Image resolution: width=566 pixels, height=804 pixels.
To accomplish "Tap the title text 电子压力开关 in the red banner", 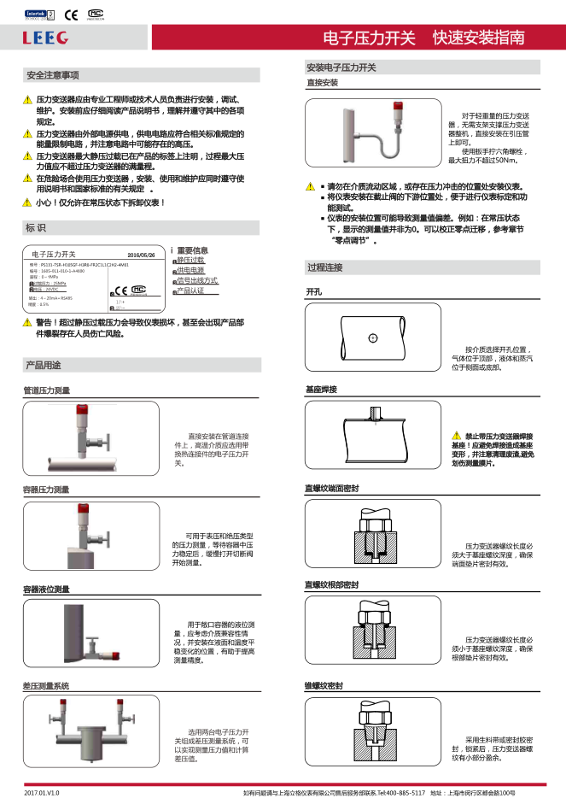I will (369, 38).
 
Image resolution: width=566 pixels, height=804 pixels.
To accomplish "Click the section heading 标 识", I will (36, 228).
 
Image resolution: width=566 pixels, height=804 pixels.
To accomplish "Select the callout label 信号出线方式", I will (197, 280).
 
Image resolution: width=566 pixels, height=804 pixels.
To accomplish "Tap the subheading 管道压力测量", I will (46, 390).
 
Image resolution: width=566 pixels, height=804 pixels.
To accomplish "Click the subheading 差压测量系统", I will (46, 686).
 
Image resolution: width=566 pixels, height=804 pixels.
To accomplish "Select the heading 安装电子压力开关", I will (341, 67).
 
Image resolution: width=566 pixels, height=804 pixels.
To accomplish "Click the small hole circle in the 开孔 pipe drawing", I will (372, 339).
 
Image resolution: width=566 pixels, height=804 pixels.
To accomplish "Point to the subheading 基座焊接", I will (321, 390).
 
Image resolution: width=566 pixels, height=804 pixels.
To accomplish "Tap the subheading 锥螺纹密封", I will (324, 686).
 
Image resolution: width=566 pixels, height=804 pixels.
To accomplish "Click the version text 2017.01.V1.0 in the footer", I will (42, 794).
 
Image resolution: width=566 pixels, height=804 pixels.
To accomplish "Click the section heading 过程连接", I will (324, 267).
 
